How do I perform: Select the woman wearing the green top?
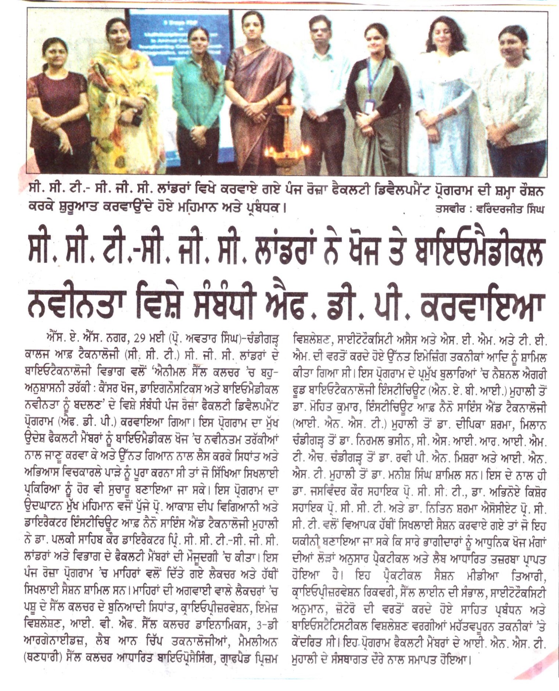click(198, 92)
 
